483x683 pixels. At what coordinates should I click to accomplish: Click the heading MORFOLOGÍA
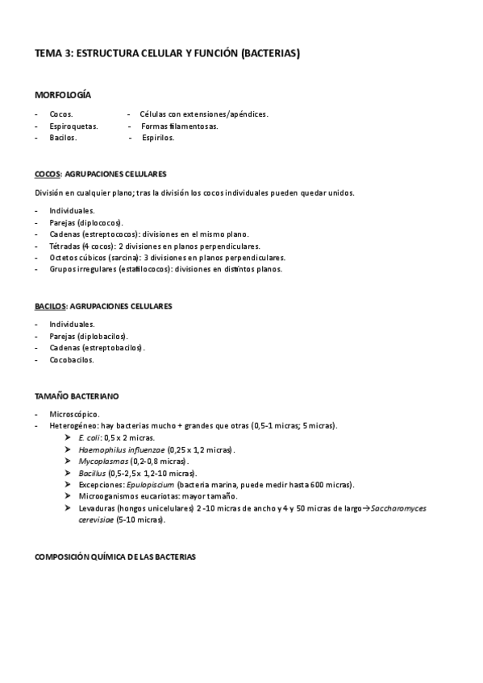tap(63, 95)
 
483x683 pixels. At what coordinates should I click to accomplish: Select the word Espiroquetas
tap(73, 126)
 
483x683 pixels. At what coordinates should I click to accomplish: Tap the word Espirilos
tap(157, 138)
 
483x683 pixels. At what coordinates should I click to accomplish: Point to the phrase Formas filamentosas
tap(179, 126)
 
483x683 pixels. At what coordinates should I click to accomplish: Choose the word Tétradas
tap(65, 246)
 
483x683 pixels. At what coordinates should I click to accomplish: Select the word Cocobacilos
tap(72, 360)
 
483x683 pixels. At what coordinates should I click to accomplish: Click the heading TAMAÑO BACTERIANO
tap(77, 396)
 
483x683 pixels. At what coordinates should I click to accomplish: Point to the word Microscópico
tap(74, 413)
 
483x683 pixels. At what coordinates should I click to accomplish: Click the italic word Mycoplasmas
tap(102, 461)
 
